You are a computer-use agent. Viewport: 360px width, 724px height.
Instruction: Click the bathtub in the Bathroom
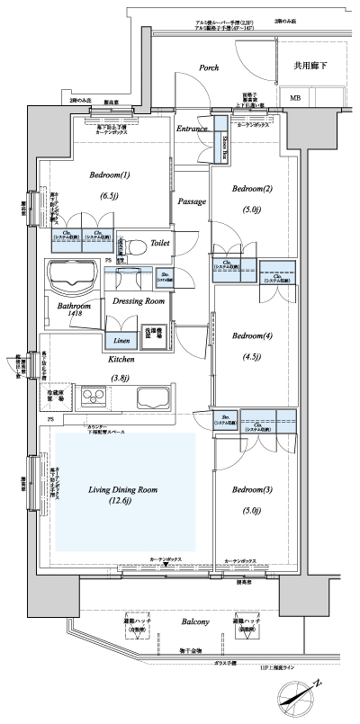coord(70,278)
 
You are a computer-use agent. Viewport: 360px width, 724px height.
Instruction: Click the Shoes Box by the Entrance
coord(219,139)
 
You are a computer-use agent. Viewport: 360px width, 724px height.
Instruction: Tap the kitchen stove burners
coord(94,397)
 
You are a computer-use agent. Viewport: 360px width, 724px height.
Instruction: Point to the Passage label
coord(193,201)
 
